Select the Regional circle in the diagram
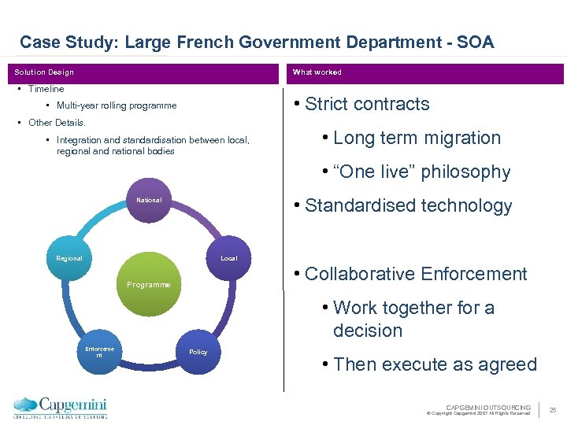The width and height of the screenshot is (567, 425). [x=69, y=258]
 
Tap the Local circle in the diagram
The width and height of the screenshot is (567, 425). [x=228, y=258]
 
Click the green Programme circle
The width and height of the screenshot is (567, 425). [x=149, y=283]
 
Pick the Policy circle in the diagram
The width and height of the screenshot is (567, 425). [x=198, y=352]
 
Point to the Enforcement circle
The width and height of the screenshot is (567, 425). [x=99, y=352]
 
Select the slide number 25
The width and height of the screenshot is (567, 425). [x=552, y=409]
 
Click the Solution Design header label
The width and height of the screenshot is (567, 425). [x=44, y=72]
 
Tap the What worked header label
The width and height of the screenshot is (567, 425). [x=317, y=72]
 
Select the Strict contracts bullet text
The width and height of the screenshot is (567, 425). [x=367, y=105]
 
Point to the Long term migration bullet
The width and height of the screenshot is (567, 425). [x=417, y=139]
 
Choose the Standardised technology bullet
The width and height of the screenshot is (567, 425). [x=408, y=206]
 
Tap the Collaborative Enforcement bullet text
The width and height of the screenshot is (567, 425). [x=415, y=275]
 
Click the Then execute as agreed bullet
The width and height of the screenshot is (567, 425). [x=435, y=365]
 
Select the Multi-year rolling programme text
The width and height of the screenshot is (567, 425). [x=117, y=105]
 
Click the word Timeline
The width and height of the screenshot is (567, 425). [x=46, y=89]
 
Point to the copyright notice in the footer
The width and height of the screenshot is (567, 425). [x=478, y=412]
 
